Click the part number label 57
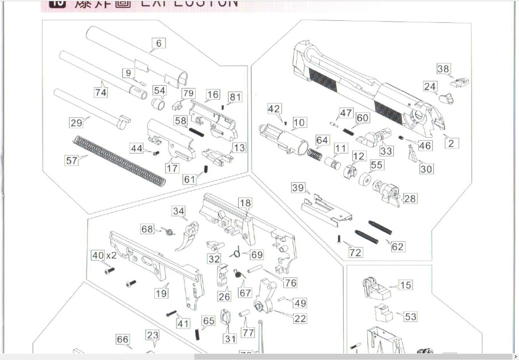(x=72, y=161)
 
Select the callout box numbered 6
(x=159, y=44)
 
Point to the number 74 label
(x=101, y=92)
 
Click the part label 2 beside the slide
(x=451, y=143)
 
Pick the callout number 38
(x=444, y=69)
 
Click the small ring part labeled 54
(x=159, y=103)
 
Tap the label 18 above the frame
(x=245, y=203)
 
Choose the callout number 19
(x=161, y=292)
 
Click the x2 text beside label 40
(x=112, y=256)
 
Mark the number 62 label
(x=398, y=247)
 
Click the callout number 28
(x=409, y=198)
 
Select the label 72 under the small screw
(x=356, y=252)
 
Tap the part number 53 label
(x=410, y=316)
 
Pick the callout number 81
(x=235, y=97)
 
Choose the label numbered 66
(x=122, y=340)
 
